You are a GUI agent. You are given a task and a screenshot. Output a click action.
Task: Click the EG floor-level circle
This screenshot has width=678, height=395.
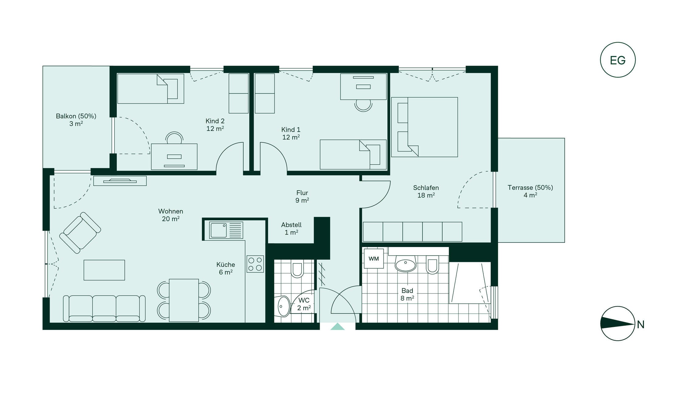[x=617, y=60]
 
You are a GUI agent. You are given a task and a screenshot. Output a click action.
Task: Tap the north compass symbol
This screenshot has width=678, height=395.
[x=617, y=324]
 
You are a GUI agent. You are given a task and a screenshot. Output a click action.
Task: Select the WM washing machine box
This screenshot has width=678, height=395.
[x=374, y=259]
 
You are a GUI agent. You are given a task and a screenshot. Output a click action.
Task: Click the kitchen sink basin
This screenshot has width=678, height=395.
[x=218, y=230]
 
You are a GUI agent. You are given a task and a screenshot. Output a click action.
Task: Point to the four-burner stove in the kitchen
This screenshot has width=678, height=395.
[x=255, y=264]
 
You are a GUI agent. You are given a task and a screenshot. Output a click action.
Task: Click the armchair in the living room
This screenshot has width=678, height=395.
[x=80, y=233]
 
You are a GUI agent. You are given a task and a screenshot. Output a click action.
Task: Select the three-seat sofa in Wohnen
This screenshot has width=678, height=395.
[x=104, y=308]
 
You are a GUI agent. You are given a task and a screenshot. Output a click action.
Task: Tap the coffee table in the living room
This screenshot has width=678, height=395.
[x=104, y=270]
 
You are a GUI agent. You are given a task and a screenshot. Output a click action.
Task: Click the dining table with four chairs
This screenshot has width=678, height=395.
[x=184, y=300]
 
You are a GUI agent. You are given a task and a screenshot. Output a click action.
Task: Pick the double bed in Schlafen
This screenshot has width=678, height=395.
[x=424, y=127]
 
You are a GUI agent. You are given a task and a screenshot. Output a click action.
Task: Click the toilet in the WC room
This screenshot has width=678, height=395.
[x=297, y=269]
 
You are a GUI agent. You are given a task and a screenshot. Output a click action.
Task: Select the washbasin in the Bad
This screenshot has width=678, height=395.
[x=405, y=263]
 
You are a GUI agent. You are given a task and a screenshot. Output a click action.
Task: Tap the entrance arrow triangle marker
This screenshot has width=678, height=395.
[x=337, y=327]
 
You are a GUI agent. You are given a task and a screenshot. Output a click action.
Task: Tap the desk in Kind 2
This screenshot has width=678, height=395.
[x=174, y=157]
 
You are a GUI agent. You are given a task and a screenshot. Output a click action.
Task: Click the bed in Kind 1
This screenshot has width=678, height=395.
[x=353, y=155]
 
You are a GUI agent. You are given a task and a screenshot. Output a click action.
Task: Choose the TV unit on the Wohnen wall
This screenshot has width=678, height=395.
[x=120, y=181]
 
